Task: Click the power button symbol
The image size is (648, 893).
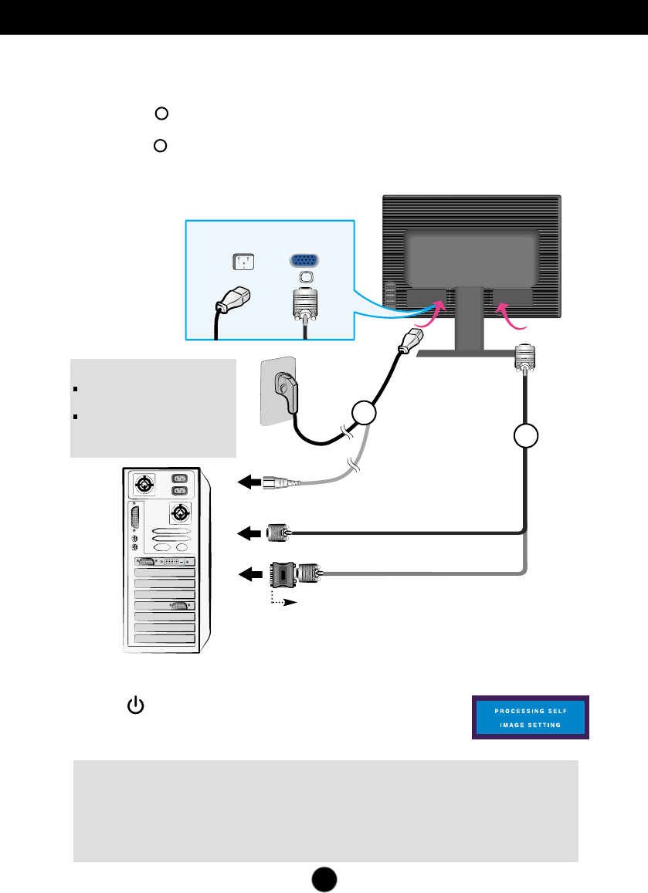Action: pos(136,705)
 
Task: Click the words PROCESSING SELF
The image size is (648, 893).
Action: pos(531,711)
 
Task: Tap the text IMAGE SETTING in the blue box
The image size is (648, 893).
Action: pos(530,725)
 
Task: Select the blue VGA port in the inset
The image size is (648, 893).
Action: pos(305,261)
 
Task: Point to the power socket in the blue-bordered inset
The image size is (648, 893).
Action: pos(243,262)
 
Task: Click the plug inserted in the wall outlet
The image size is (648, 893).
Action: pos(287,391)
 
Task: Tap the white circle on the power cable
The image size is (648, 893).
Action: pos(364,413)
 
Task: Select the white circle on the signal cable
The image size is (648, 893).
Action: pos(525,435)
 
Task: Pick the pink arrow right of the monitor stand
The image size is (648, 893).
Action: pos(509,316)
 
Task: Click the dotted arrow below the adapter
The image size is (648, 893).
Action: pos(283,600)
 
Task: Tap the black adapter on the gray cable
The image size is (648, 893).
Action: pos(283,575)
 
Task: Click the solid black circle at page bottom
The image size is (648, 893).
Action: pos(324,879)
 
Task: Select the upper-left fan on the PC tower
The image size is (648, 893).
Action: pos(144,485)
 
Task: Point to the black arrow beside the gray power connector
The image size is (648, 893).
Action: pos(249,482)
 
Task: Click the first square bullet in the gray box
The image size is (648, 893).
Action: pos(75,389)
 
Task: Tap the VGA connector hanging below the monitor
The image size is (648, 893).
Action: pos(524,358)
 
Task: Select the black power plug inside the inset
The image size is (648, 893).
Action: pos(232,299)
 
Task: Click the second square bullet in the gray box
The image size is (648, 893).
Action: pos(75,417)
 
